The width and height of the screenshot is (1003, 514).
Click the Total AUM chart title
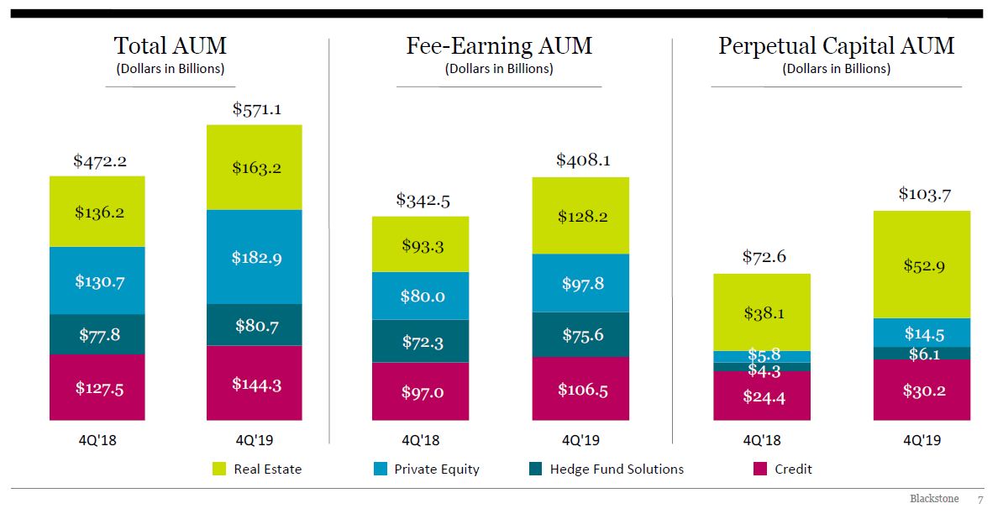pyautogui.click(x=170, y=45)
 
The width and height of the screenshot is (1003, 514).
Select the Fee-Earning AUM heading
pyautogui.click(x=499, y=45)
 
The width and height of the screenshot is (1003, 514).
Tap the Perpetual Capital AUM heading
pyautogui.click(x=836, y=45)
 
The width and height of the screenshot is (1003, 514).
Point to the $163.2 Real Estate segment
pyautogui.click(x=256, y=167)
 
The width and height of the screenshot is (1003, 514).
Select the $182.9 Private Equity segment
pyautogui.click(x=256, y=257)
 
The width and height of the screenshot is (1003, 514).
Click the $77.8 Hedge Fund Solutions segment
pyautogui.click(x=99, y=334)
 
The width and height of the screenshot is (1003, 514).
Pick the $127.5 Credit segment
pyautogui.click(x=99, y=387)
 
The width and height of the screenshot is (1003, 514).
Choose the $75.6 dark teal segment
pyautogui.click(x=580, y=335)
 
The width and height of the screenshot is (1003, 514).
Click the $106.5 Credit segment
pyautogui.click(x=580, y=389)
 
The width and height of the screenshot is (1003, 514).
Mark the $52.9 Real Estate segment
pyautogui.click(x=922, y=265)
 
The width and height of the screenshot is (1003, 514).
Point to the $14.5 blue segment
pyautogui.click(x=922, y=333)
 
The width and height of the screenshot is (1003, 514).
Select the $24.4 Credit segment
pyautogui.click(x=763, y=396)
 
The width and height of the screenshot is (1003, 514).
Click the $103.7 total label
pyautogui.click(x=923, y=194)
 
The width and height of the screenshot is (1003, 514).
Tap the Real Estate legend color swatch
pyautogui.click(x=220, y=469)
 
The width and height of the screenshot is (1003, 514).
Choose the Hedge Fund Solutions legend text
pyautogui.click(x=617, y=469)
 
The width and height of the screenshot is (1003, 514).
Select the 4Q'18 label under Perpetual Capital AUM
pyautogui.click(x=762, y=439)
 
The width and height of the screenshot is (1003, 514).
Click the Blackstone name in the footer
pyautogui.click(x=933, y=499)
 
